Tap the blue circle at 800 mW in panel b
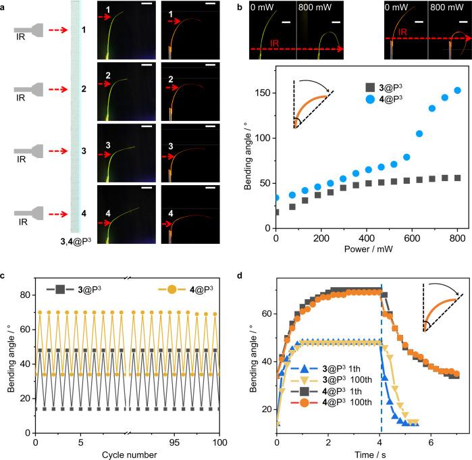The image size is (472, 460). coord(457,91)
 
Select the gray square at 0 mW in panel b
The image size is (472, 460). coord(276,212)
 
